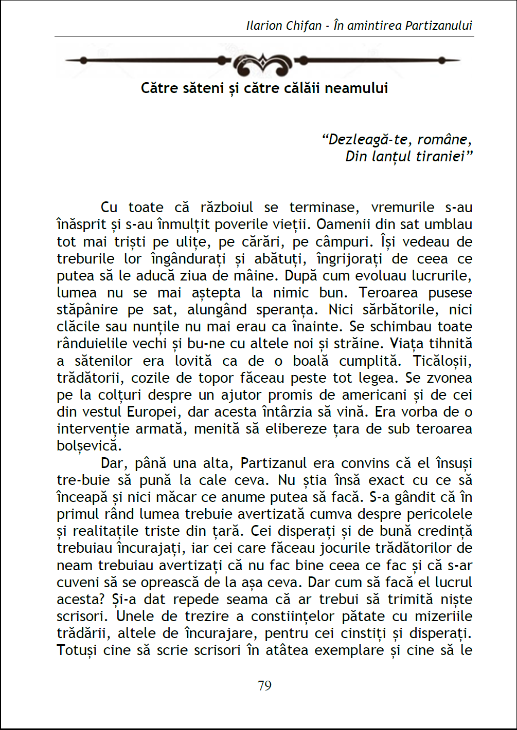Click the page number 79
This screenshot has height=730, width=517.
pyautogui.click(x=264, y=686)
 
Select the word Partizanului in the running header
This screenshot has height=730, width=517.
pyautogui.click(x=438, y=26)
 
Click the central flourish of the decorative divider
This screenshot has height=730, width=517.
pyautogui.click(x=262, y=64)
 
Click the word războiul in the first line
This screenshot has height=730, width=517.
pyautogui.click(x=227, y=208)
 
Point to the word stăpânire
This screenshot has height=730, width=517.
pyautogui.click(x=87, y=310)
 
